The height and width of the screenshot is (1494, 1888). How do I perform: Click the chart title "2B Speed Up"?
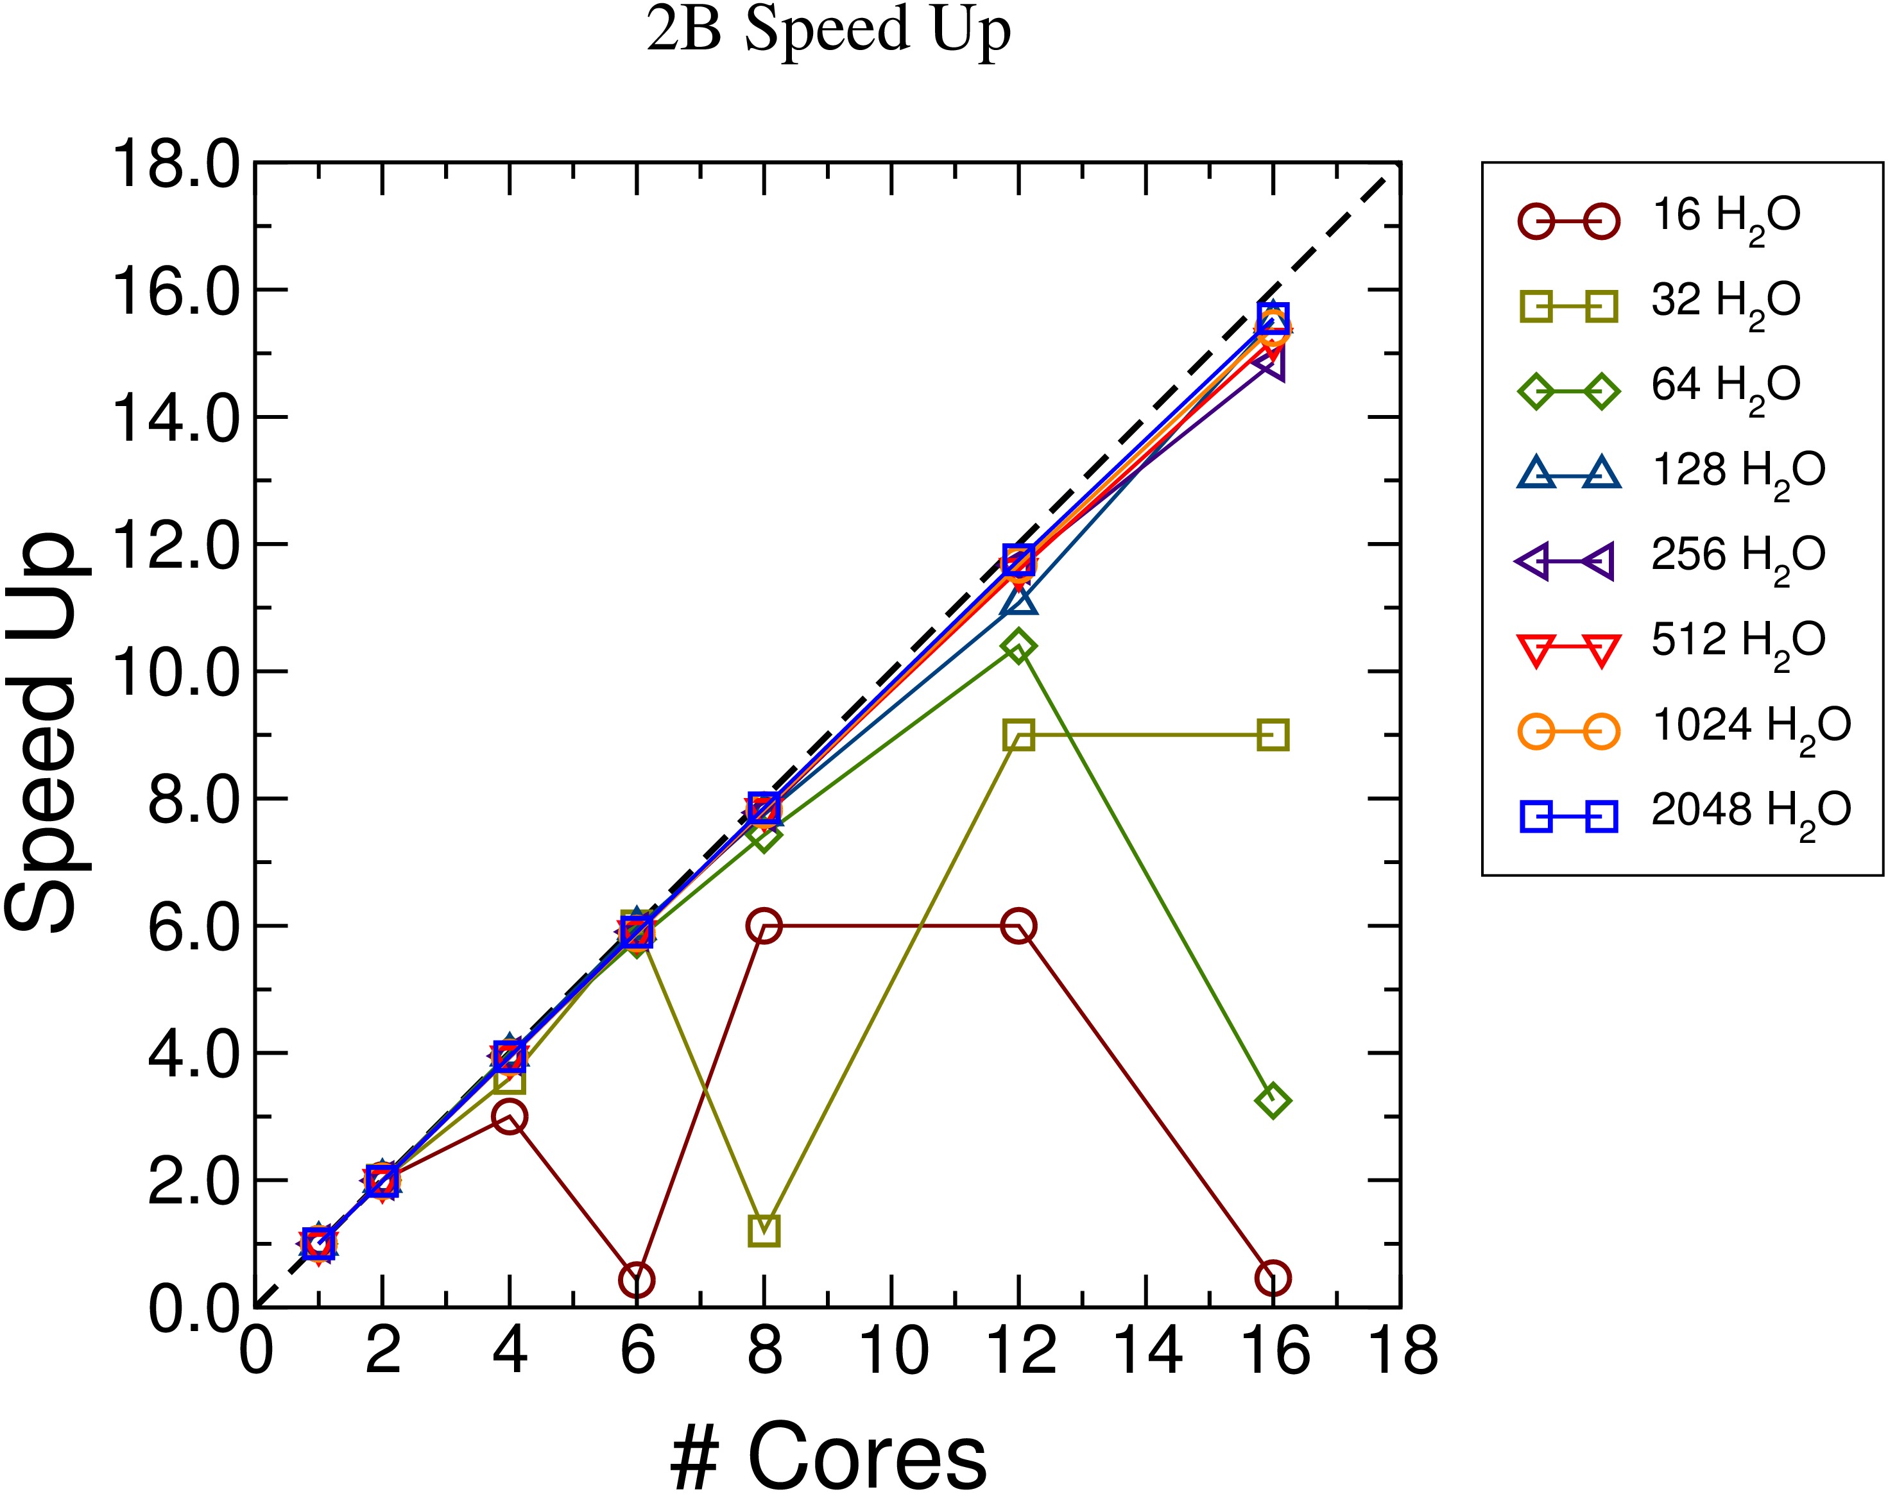click(828, 31)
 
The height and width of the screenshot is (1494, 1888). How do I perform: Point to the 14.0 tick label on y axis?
click(175, 417)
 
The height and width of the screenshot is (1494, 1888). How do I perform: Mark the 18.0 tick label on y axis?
click(175, 164)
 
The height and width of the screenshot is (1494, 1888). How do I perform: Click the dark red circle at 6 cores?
click(637, 1280)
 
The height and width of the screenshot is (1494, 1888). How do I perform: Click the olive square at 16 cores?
click(1272, 736)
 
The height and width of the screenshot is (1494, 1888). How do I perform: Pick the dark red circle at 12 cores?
click(1018, 926)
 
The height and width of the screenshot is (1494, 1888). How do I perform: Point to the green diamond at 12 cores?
click(1018, 647)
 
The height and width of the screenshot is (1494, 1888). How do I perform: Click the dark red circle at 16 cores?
click(1272, 1278)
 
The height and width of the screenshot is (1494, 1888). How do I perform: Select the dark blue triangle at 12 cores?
click(1019, 601)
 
